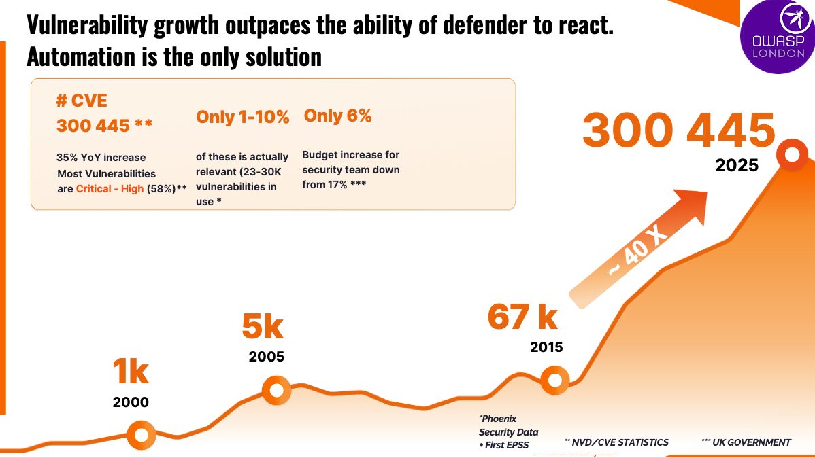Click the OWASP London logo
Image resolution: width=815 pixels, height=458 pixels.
click(x=778, y=37)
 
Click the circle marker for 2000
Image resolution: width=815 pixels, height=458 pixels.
click(x=142, y=434)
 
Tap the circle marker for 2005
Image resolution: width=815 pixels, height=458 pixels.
click(x=277, y=391)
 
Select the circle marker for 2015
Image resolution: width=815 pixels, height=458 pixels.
click(x=554, y=380)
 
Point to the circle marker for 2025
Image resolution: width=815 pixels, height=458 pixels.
click(x=792, y=155)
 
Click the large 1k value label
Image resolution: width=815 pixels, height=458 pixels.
click(x=130, y=372)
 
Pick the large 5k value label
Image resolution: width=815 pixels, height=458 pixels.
click(x=263, y=327)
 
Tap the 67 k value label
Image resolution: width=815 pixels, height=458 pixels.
click(x=522, y=317)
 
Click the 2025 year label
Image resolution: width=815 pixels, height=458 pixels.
click(x=736, y=165)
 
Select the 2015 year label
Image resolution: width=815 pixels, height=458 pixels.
click(x=546, y=347)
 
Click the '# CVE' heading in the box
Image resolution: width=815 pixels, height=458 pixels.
click(x=81, y=101)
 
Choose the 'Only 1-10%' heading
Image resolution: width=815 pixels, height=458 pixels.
click(x=243, y=117)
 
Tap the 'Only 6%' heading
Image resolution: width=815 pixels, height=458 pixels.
click(x=337, y=116)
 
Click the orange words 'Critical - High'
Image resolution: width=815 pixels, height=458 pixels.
click(x=110, y=189)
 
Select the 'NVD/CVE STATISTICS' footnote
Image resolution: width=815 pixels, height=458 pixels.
click(x=616, y=442)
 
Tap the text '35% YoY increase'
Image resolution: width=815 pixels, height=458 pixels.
click(x=101, y=158)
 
